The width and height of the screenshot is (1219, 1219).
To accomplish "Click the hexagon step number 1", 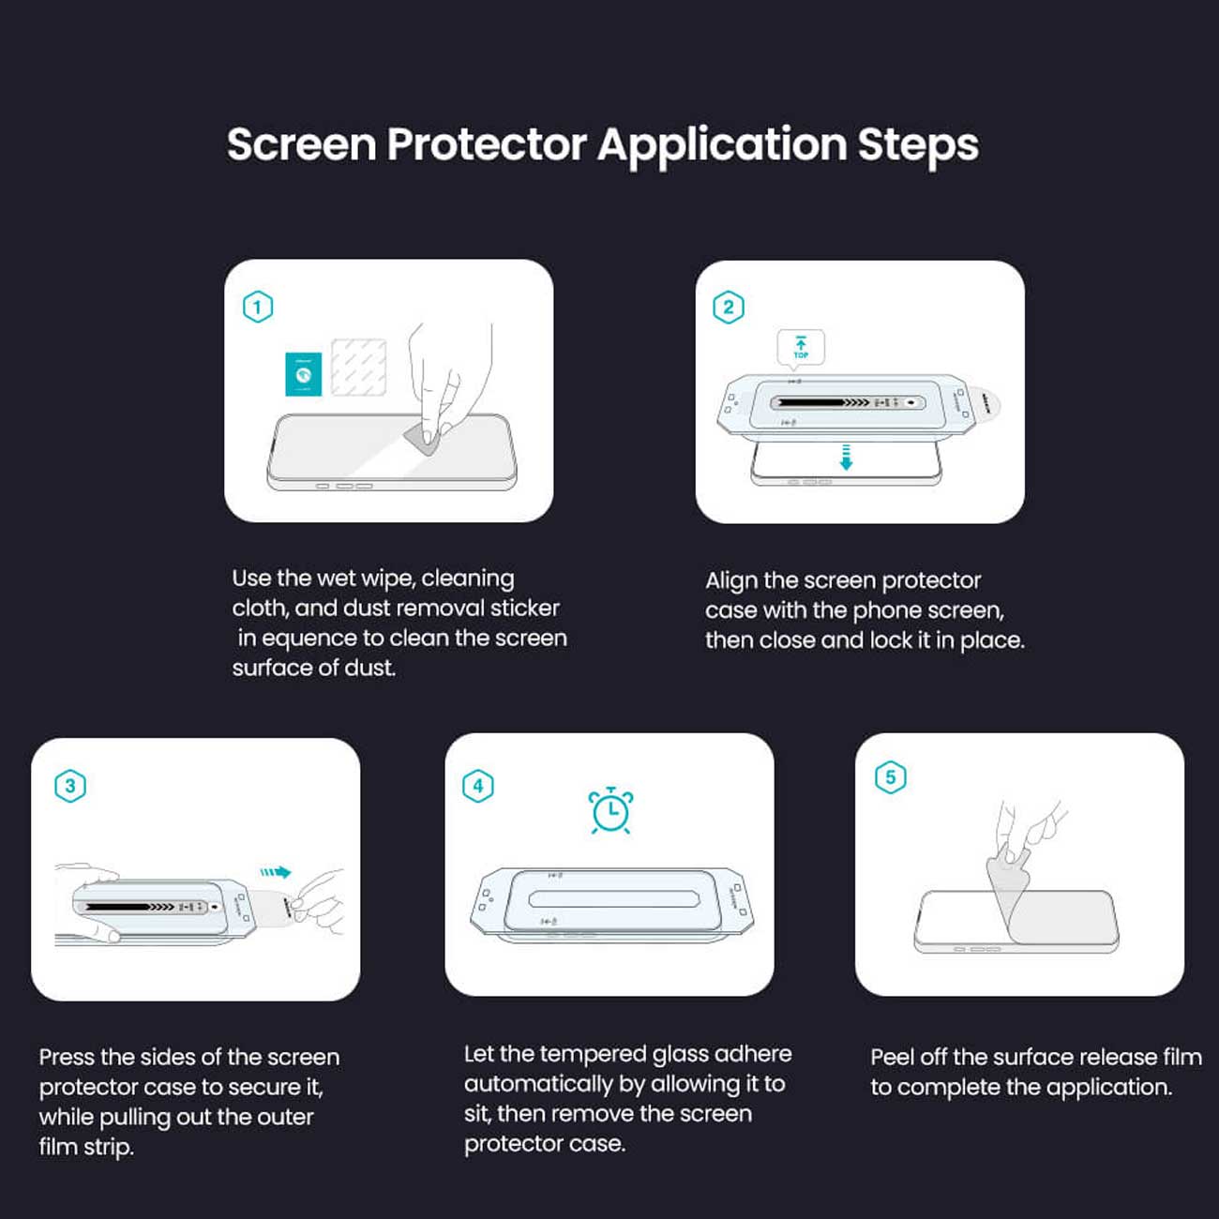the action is (258, 307).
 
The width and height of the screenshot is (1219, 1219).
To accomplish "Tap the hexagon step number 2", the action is (728, 308).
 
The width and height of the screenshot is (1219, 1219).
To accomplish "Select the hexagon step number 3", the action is (70, 786).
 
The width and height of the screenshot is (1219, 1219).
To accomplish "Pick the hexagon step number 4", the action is (477, 786).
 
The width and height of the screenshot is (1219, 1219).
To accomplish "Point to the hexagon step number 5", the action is (890, 776).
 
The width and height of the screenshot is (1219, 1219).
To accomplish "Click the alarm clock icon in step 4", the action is (610, 810).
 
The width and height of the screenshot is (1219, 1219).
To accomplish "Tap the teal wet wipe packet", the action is (304, 374).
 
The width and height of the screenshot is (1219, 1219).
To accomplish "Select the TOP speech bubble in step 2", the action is (800, 348).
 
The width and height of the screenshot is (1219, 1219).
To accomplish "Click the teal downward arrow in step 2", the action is (846, 457).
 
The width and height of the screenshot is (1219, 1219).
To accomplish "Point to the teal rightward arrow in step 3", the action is (276, 872).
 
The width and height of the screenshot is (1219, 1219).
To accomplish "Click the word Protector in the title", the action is (487, 144).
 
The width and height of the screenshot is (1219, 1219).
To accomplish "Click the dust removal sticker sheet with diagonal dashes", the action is (359, 368).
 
